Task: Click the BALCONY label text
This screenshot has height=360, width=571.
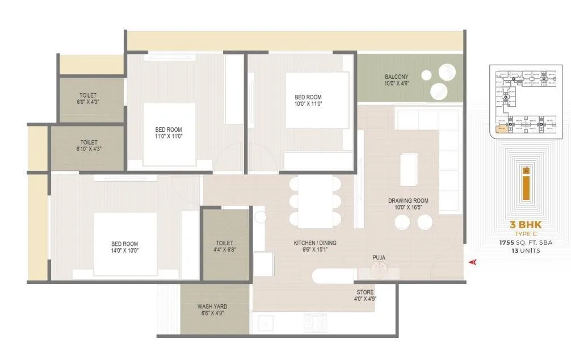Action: pos(397,77)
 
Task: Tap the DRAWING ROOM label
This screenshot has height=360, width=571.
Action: pos(408,201)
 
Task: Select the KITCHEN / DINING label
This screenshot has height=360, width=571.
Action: pos(314,243)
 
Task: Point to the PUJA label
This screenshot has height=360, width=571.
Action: pos(379,258)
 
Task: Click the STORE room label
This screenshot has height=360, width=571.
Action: pos(366,292)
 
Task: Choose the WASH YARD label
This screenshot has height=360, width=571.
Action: pos(212,307)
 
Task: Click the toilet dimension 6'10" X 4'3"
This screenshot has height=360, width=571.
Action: pos(89,149)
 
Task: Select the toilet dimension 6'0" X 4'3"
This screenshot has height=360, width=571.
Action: pos(88,102)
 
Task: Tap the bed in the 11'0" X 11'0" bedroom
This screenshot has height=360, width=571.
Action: pos(169,132)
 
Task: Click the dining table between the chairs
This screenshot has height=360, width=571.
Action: pos(315,202)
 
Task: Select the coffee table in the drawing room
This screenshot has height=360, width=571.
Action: pos(409,169)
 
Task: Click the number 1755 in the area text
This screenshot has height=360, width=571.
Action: pos(507,242)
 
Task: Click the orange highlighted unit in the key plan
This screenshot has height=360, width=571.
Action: pos(502,129)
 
